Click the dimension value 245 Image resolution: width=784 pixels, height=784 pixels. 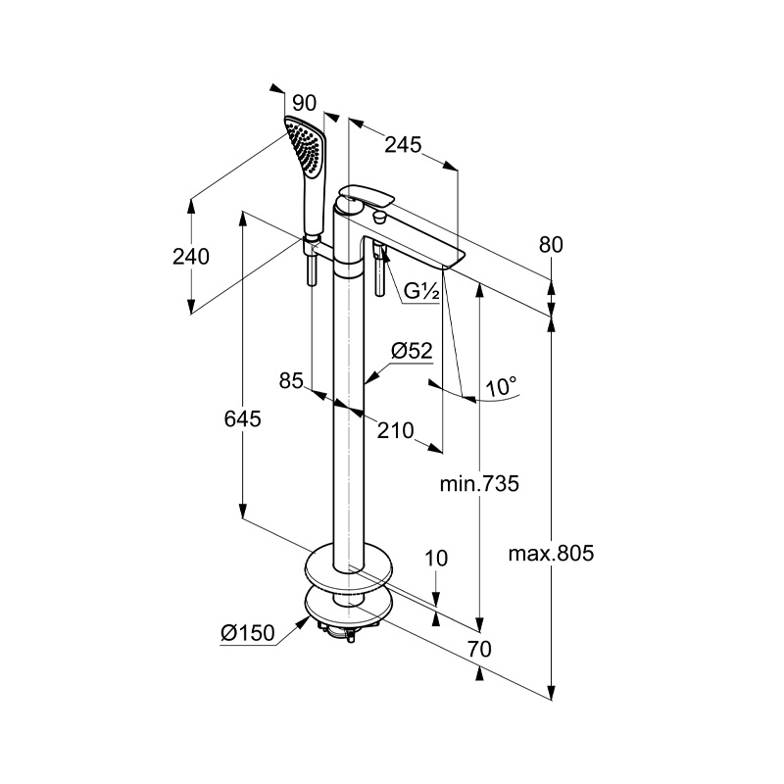point(403,144)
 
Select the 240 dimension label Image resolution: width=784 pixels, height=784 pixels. point(191,257)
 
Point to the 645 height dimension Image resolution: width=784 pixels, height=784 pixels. point(242,418)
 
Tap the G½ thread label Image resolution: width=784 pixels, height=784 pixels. point(423,291)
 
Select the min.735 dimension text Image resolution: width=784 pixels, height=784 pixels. point(478,483)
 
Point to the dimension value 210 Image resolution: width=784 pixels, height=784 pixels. point(397,430)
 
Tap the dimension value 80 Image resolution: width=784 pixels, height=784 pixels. point(552,245)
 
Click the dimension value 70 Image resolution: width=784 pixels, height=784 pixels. point(478,648)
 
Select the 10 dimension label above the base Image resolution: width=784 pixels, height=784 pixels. point(437,559)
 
